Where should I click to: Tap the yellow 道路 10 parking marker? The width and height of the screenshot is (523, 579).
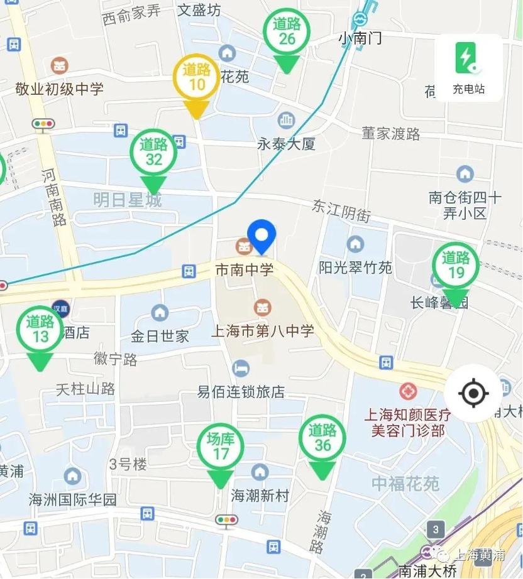pos(196,78)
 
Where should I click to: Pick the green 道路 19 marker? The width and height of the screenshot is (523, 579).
pos(456,266)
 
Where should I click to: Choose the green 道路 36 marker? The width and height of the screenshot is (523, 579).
pos(322,439)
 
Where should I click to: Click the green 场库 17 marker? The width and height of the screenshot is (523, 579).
pos(220,447)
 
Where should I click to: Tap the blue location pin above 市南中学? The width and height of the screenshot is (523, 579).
pos(261,236)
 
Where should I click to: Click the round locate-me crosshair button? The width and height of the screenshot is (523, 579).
pos(473,394)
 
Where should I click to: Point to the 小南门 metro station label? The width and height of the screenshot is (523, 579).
pos(360,38)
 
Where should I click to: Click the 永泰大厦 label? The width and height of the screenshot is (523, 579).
pos(286,144)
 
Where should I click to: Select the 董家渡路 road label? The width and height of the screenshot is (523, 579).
pos(390,133)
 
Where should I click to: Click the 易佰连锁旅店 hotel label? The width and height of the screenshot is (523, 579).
pos(241,392)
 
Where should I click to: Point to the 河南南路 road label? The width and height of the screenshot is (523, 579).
pos(55,197)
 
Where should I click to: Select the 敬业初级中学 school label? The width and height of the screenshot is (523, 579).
pos(60,89)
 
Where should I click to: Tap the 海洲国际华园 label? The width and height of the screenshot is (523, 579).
pos(73,500)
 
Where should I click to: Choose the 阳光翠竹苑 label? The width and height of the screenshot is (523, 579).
pos(355,268)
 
